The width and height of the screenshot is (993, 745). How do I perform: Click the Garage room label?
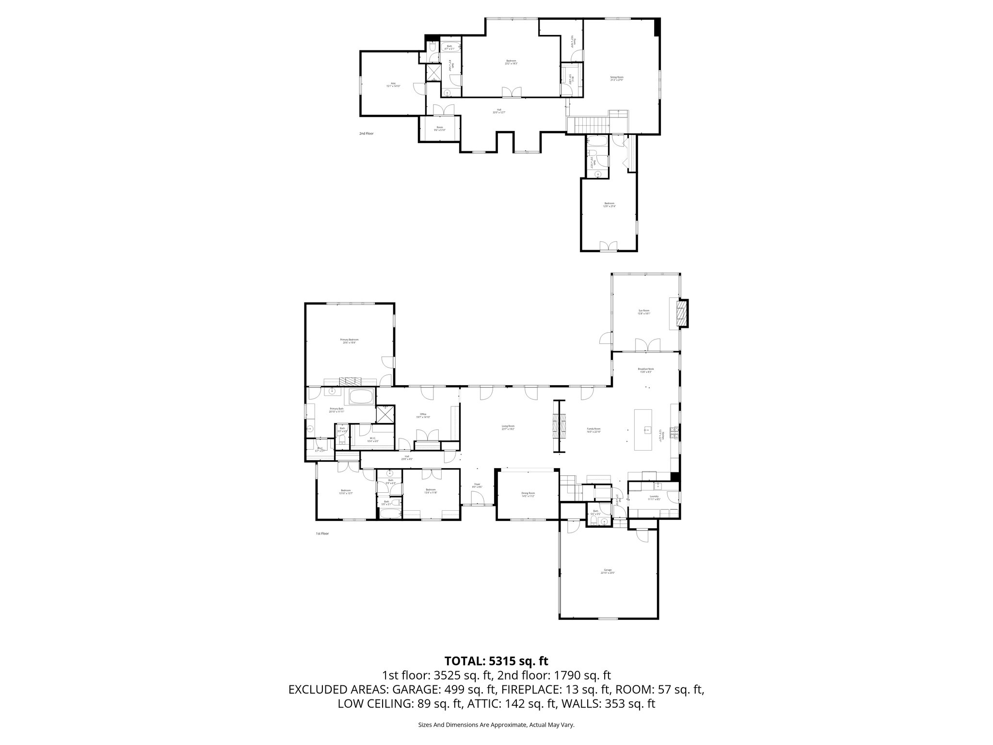point(608,571)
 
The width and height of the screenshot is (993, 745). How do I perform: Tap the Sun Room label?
point(643,312)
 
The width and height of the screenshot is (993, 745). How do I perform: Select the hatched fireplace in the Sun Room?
point(682,314)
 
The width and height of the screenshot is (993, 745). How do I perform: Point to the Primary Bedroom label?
point(349,341)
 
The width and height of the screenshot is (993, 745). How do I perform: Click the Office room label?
point(423,415)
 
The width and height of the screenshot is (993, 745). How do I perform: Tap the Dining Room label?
point(528,494)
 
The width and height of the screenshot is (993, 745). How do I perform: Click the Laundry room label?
point(654,498)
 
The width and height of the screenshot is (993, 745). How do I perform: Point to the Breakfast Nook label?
point(646,371)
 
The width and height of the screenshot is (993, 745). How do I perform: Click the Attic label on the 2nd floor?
point(393,84)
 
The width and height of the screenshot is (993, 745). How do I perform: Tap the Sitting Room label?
point(616,78)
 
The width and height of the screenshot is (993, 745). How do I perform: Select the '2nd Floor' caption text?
point(366,133)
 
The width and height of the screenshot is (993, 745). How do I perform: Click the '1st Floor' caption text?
point(322,534)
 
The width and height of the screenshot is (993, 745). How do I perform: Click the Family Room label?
point(593,429)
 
